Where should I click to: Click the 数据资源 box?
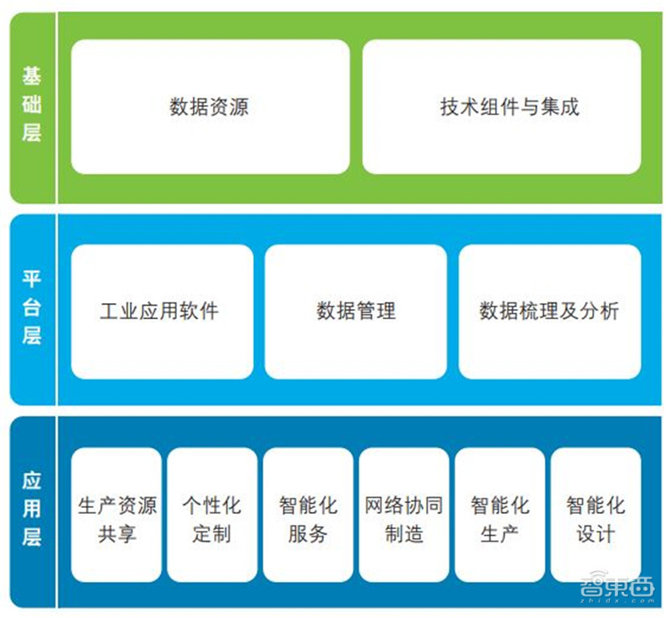pos(210,107)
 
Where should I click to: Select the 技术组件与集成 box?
pos(502,107)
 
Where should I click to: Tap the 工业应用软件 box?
pos(161,312)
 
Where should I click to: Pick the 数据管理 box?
pos(356,312)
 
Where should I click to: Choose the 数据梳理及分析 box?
pos(549,312)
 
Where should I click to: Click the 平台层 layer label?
pos(31,308)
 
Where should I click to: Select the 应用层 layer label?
pos(31,510)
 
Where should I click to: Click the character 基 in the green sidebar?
pos(31,77)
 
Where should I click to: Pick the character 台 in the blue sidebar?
pos(31,308)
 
